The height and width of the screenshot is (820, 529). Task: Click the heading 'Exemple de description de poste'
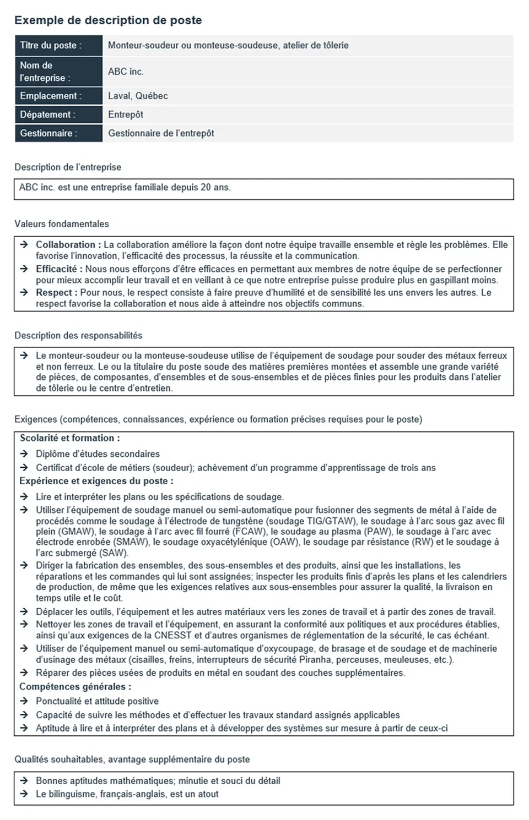point(108,20)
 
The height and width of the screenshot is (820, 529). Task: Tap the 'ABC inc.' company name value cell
point(126,72)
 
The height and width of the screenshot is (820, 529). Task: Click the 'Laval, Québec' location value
point(138,96)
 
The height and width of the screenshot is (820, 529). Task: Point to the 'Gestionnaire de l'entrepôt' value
point(161,133)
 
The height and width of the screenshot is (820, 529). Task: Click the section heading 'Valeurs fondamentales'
point(62,224)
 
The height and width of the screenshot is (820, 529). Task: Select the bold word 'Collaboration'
point(66,245)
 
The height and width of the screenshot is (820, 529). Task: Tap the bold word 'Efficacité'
point(56,269)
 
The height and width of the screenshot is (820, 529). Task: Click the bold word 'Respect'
point(54,293)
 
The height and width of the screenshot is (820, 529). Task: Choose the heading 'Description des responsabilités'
point(78,336)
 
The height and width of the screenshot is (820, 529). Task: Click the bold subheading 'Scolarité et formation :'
point(70,438)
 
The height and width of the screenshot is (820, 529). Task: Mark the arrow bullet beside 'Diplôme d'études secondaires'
point(24,454)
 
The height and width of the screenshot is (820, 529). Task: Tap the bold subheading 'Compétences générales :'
point(75,687)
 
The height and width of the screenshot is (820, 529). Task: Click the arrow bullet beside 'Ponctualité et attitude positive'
point(24,701)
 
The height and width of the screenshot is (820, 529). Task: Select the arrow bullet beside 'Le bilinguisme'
point(24,794)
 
